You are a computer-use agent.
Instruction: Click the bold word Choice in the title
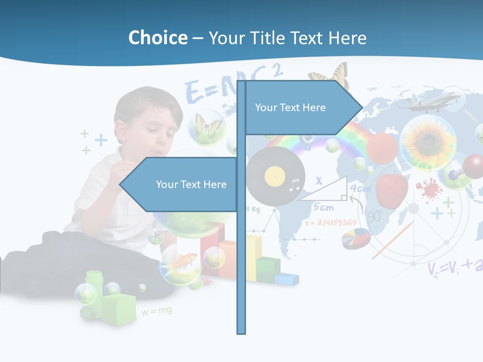click(x=157, y=38)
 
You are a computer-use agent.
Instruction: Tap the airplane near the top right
click(x=428, y=102)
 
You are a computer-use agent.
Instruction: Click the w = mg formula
click(x=156, y=311)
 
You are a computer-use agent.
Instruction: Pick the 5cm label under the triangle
click(x=323, y=207)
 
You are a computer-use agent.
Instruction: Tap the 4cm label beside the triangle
click(x=360, y=189)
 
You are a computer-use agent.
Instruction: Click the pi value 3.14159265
click(x=333, y=222)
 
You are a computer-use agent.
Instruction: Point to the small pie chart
click(x=356, y=238)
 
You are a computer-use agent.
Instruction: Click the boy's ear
click(x=121, y=131)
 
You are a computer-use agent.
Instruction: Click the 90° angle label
click(x=374, y=216)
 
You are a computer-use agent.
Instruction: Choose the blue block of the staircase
click(x=286, y=278)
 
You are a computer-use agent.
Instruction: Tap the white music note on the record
click(x=294, y=187)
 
